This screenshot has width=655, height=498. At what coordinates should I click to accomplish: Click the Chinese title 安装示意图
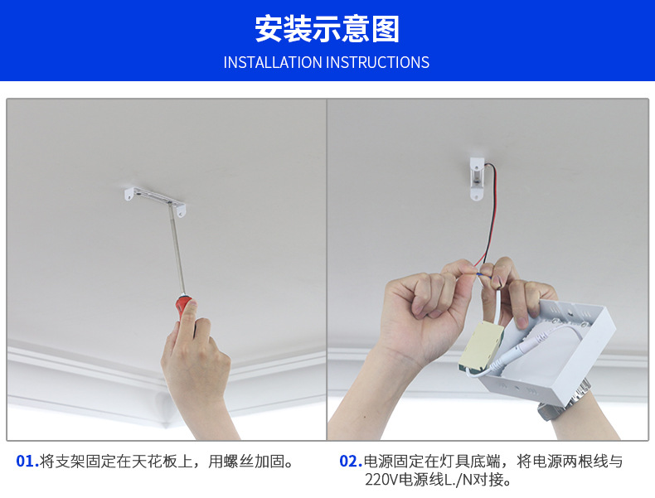coord(327,29)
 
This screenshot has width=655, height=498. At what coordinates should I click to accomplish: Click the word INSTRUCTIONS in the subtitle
coord(377,63)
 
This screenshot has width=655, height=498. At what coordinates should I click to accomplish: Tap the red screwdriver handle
coord(184,306)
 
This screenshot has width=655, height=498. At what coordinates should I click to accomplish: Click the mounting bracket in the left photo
coord(155,201)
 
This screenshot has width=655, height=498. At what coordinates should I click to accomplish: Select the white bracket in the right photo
coord(477,178)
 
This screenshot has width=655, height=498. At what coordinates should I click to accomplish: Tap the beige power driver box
coord(481,346)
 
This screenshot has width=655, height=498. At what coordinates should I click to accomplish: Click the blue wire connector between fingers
coord(479,274)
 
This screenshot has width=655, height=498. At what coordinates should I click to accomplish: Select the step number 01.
coord(27,462)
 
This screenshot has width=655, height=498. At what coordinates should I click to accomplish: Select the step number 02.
coord(351,462)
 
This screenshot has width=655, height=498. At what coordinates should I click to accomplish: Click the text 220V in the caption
coord(381,480)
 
